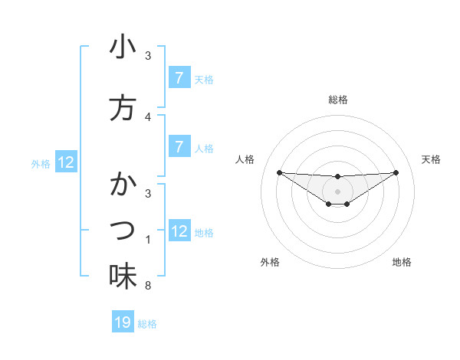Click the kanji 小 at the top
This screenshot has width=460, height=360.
coord(123,47)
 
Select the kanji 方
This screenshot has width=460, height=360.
coord(123,108)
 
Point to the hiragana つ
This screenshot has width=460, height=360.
coord(123,231)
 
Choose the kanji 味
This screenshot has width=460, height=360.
coord(123,277)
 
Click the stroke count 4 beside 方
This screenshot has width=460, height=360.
coord(148,117)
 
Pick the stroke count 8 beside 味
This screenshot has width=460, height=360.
coord(148,286)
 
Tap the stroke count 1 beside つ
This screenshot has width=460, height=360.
coord(148,240)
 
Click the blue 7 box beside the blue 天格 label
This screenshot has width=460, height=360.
coord(179,78)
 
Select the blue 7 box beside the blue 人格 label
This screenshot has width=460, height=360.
coord(179,146)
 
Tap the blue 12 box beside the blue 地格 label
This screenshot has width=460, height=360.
coord(179,231)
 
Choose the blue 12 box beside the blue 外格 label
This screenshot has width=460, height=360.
coord(66,162)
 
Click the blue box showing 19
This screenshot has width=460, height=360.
coord(123,322)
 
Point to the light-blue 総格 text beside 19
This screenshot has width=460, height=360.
coord(147,324)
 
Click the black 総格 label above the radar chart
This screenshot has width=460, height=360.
coord(337,100)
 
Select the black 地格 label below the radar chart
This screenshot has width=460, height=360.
coord(402,262)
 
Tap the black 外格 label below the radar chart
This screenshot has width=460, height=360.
coord(269,262)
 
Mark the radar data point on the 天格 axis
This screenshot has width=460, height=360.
coord(396,172)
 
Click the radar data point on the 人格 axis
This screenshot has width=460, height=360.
coord(279,172)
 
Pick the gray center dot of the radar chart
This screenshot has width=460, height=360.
coord(337,191)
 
